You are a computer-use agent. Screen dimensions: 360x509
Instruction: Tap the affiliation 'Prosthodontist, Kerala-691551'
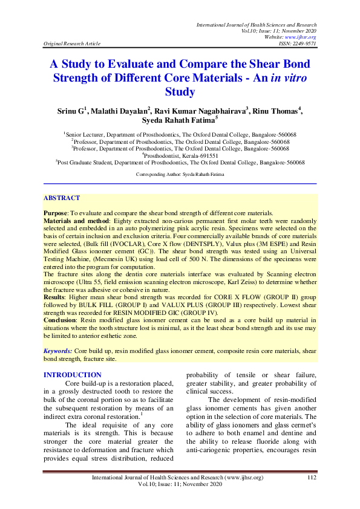click(180, 155)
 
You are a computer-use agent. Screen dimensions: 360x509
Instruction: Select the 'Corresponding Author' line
click(180, 173)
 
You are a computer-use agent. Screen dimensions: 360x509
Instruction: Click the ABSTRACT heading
click(62, 198)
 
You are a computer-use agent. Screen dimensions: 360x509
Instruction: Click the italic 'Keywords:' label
click(58, 351)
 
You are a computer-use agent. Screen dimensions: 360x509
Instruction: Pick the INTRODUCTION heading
click(73, 375)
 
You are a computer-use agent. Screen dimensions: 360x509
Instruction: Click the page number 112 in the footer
click(312, 478)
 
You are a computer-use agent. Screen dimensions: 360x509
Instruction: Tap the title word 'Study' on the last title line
click(180, 92)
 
